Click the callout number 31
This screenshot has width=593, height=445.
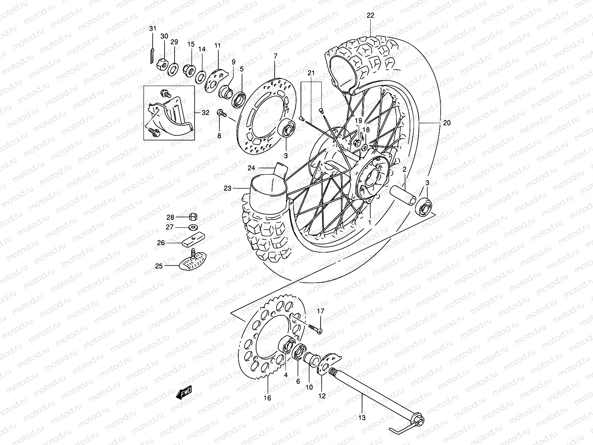153,29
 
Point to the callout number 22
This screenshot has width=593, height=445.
371,16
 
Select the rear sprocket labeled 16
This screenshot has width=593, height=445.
256,345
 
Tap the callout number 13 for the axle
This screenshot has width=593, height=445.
362,418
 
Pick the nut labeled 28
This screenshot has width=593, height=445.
193,217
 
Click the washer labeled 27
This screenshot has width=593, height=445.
193,227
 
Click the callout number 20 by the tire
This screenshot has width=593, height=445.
447,123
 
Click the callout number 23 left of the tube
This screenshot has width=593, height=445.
227,188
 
